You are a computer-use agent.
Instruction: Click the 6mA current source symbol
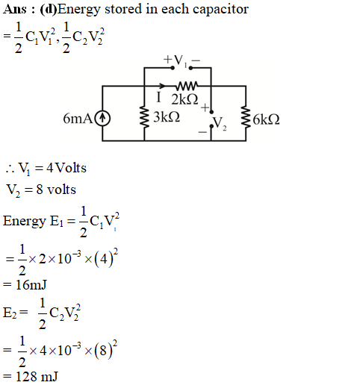pyautogui.click(x=102, y=119)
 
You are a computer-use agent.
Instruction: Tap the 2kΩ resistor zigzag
pyautogui.click(x=187, y=86)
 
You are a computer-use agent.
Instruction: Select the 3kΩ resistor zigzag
pyautogui.click(x=144, y=116)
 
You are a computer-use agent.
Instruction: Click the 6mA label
pyautogui.click(x=78, y=119)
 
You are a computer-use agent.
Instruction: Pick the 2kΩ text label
pyautogui.click(x=184, y=99)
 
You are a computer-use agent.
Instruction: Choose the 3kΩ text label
pyautogui.click(x=167, y=116)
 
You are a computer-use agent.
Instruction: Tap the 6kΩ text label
pyautogui.click(x=266, y=119)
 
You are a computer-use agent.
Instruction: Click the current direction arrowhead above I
pyautogui.click(x=162, y=86)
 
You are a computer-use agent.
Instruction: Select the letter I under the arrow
pyautogui.click(x=158, y=97)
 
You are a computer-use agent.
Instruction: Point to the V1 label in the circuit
pyautogui.click(x=180, y=60)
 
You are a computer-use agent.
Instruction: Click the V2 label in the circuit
pyautogui.click(x=220, y=123)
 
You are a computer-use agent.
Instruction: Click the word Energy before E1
pyautogui.click(x=25, y=222)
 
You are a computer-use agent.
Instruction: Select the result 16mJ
pyautogui.click(x=31, y=285)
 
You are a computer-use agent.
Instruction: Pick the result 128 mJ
pyautogui.click(x=37, y=377)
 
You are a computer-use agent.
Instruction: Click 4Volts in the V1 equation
pyautogui.click(x=66, y=168)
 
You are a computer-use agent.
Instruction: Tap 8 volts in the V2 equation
pyautogui.click(x=56, y=190)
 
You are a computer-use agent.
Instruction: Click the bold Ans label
pyautogui.click(x=15, y=10)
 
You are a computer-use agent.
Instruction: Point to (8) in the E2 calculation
pyautogui.click(x=103, y=351)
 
